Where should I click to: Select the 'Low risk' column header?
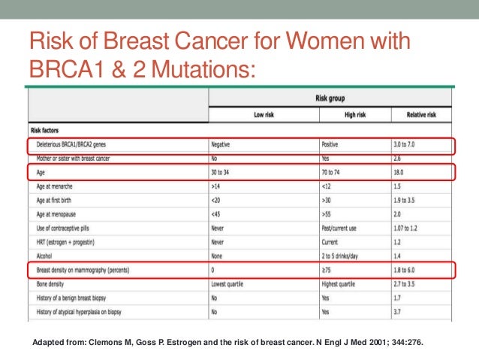[264, 114]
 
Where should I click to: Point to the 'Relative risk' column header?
[422, 114]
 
